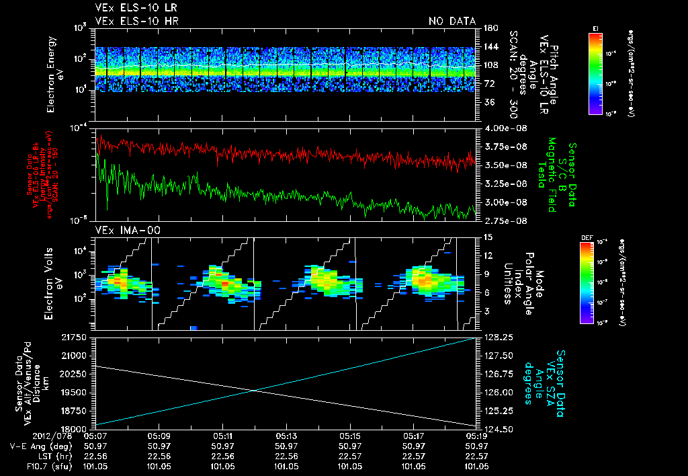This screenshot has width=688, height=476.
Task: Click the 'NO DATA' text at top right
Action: coord(452,21)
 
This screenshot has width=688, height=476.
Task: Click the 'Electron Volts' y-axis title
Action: coord(52,282)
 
